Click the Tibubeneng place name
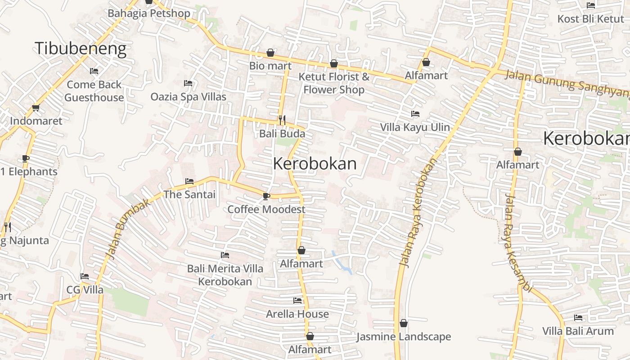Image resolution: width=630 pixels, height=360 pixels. [81, 48]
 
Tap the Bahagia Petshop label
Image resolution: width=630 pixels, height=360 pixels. [148, 13]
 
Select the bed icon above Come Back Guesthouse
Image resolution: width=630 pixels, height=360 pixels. [94, 71]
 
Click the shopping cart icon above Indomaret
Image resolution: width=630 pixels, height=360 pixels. [36, 108]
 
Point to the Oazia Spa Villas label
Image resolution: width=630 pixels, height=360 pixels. [188, 97]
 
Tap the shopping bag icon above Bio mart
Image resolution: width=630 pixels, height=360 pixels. [270, 53]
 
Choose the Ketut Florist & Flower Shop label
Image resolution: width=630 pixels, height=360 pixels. [334, 83]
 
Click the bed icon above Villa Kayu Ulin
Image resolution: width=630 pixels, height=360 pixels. [415, 114]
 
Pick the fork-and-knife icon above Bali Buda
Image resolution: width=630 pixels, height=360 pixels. [282, 120]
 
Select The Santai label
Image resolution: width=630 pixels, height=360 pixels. [189, 195]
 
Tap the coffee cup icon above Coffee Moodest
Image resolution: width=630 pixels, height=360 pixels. [266, 196]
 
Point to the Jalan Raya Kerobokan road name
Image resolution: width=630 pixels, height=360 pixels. [418, 212]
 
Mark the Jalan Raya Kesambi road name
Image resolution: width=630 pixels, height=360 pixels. [518, 243]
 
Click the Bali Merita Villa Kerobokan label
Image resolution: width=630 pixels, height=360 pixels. [225, 275]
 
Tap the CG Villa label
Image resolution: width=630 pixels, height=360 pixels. [85, 290]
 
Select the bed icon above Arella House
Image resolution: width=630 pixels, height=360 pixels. [297, 301]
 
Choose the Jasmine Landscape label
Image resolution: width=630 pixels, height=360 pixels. [404, 337]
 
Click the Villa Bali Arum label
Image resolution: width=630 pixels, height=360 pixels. [578, 331]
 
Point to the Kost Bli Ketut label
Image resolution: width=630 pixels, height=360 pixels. [590, 19]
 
